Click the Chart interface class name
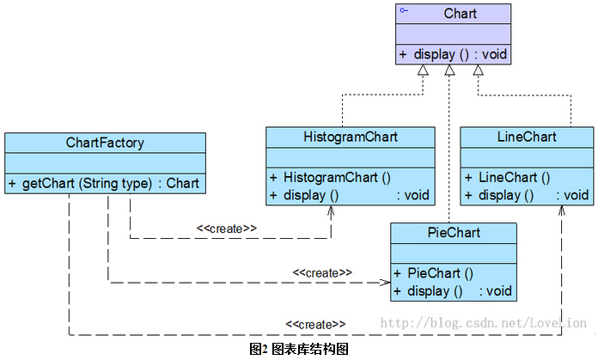click(x=461, y=14)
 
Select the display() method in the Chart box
click(x=453, y=54)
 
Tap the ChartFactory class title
click(x=105, y=143)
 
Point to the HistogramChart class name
click(x=345, y=137)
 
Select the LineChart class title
click(x=526, y=137)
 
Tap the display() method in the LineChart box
click(x=526, y=195)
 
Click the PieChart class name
click(x=453, y=233)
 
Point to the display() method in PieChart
click(x=452, y=291)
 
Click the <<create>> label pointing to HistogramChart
click(x=227, y=229)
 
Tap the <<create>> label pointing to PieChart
click(x=322, y=272)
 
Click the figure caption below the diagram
click(x=298, y=349)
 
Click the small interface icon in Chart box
click(x=403, y=10)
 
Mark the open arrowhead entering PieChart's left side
click(x=386, y=281)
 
